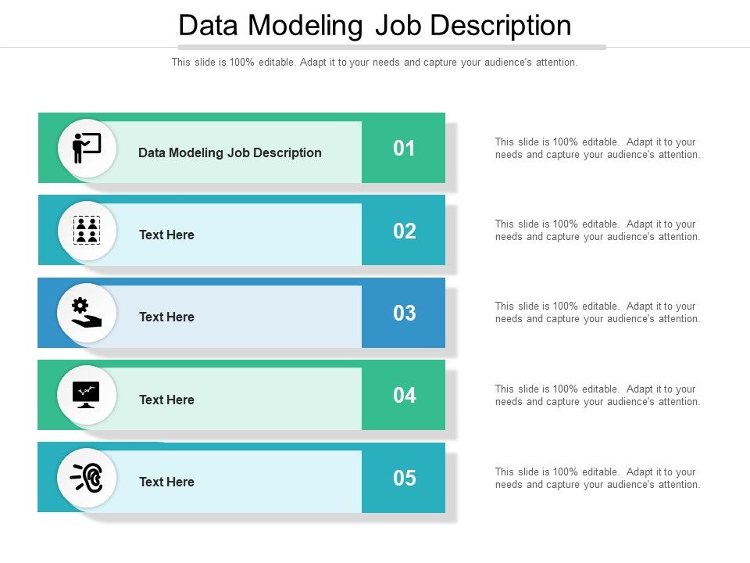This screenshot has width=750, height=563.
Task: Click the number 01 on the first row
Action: (x=404, y=149)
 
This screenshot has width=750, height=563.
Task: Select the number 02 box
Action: (x=404, y=231)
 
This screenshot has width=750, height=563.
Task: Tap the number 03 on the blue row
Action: (x=404, y=314)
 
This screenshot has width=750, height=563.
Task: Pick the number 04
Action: (x=404, y=396)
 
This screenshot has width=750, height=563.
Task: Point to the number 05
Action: (x=404, y=478)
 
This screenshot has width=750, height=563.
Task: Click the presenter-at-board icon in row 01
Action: (x=87, y=148)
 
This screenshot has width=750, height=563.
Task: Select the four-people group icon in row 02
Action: (x=87, y=231)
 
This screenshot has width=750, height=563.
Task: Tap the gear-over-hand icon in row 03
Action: (x=87, y=313)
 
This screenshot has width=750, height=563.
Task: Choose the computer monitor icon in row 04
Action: (x=87, y=395)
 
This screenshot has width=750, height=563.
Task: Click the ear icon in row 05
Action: (x=87, y=477)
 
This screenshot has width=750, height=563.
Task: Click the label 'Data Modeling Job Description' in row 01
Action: (x=230, y=152)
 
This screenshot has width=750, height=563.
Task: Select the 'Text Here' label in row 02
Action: (x=166, y=235)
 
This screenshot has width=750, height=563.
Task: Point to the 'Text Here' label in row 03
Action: (x=166, y=317)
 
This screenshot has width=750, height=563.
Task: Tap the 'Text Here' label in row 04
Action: (x=166, y=400)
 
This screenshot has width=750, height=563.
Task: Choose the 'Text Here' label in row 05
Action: (x=166, y=482)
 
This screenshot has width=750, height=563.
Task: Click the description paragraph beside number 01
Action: (x=597, y=148)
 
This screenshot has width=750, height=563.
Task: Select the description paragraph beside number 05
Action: (x=597, y=478)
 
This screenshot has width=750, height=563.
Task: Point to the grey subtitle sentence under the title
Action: (x=374, y=63)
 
